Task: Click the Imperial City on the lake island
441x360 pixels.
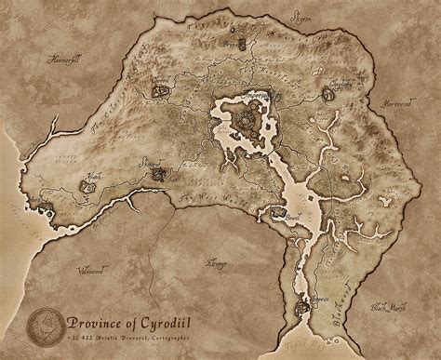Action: [x=247, y=119]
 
